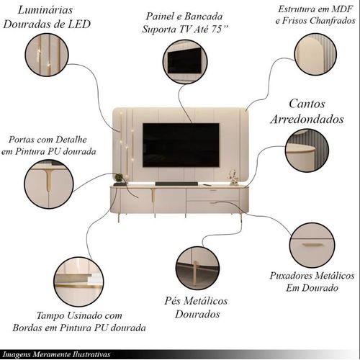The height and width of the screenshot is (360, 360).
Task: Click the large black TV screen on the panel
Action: point(181,145)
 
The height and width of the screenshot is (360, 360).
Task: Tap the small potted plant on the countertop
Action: point(119,179)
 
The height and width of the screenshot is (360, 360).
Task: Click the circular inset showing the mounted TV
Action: point(185,62)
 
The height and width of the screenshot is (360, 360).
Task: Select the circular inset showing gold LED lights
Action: point(47,55)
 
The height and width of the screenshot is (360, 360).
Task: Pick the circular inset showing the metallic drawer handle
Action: point(312,245)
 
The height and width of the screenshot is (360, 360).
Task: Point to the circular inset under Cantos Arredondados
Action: point(307,150)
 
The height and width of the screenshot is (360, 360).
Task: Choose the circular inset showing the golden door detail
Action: point(49,184)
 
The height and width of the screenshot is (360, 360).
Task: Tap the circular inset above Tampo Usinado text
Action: point(78,282)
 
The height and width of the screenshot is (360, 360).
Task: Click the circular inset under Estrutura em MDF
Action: point(315,54)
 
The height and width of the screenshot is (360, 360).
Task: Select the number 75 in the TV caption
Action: point(216,29)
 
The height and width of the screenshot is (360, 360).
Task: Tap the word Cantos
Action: point(307,104)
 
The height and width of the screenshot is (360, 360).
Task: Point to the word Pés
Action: point(171,301)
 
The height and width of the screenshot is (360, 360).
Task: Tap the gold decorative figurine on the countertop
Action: point(233,177)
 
